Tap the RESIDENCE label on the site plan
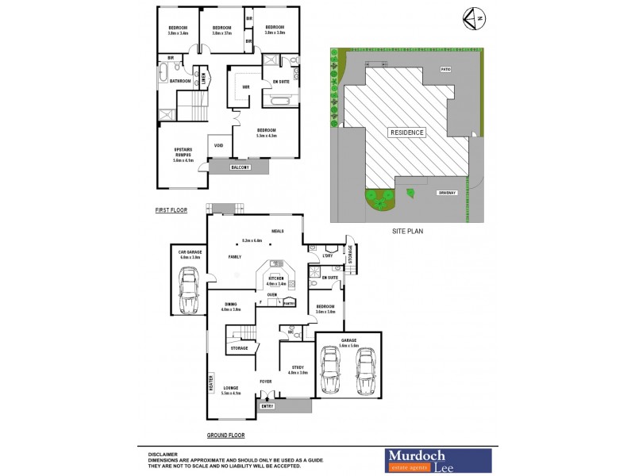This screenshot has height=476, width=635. click(x=406, y=132)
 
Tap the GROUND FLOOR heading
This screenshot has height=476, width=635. click(x=225, y=436)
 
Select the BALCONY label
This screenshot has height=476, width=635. click(x=240, y=167)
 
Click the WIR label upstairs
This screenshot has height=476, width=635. click(x=246, y=86)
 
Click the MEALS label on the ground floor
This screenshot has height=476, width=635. click(x=278, y=231)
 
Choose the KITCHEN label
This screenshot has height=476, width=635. click(x=275, y=278)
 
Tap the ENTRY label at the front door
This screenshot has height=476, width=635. click(x=268, y=406)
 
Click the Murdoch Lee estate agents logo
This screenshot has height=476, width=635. click(x=438, y=459)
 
